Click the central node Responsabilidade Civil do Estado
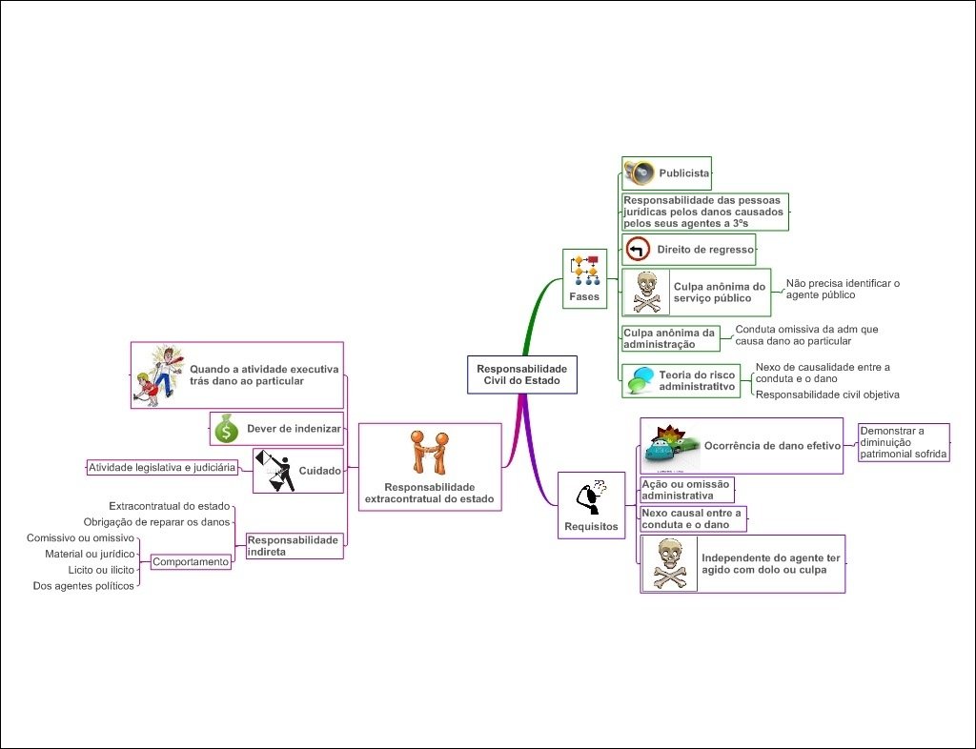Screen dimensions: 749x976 pyautogui.click(x=521, y=374)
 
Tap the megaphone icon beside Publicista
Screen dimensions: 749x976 pyautogui.click(x=639, y=172)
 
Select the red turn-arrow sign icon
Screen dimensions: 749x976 pyautogui.click(x=638, y=250)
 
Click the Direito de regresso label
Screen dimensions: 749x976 pyautogui.click(x=704, y=250)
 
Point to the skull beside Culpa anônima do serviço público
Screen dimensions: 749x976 pyautogui.click(x=645, y=292)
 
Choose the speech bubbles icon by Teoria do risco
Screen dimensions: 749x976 pyautogui.click(x=639, y=380)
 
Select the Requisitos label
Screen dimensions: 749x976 pyautogui.click(x=591, y=526)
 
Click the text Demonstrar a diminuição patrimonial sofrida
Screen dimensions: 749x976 pyautogui.click(x=904, y=442)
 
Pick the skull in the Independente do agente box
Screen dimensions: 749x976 pyautogui.click(x=669, y=563)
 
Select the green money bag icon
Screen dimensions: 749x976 pyautogui.click(x=226, y=429)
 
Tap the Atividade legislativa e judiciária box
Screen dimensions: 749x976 pyautogui.click(x=162, y=468)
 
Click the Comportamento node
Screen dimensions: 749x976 pyautogui.click(x=192, y=562)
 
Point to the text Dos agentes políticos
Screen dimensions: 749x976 pyautogui.click(x=84, y=586)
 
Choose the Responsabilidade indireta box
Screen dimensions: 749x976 pyautogui.click(x=294, y=545)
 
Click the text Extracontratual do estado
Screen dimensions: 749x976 pyautogui.click(x=170, y=506)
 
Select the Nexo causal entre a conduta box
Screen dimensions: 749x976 pyautogui.click(x=691, y=518)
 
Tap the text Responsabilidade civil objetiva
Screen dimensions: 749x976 pyautogui.click(x=827, y=394)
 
